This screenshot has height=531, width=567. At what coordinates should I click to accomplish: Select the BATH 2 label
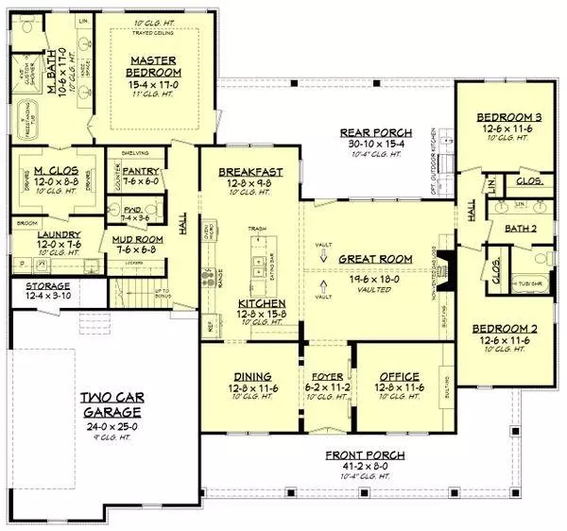pyautogui.click(x=515, y=228)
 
